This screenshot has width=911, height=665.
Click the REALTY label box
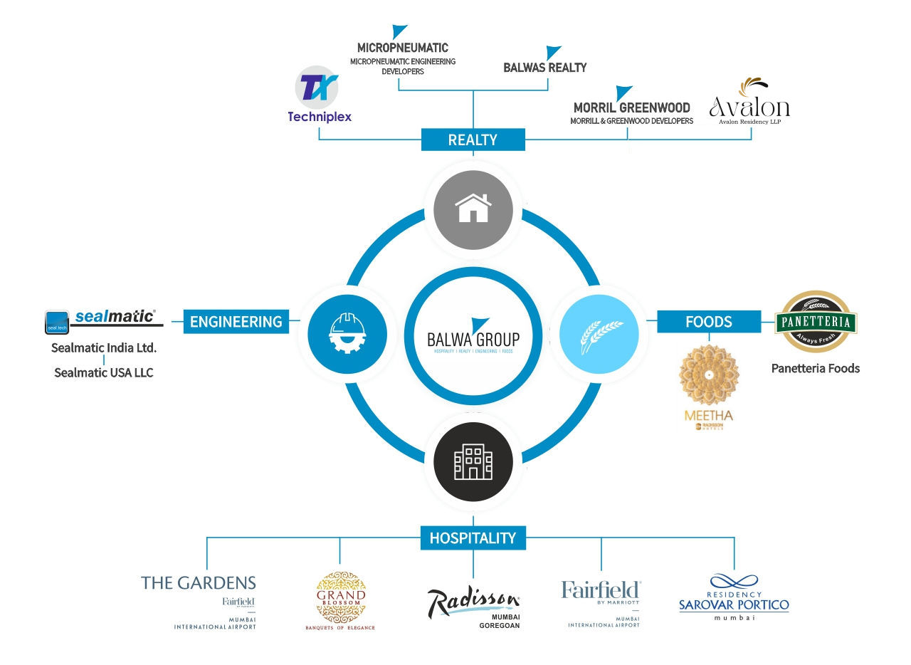[473, 140]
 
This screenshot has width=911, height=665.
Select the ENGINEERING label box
[236, 322]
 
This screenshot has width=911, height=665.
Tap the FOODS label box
[708, 322]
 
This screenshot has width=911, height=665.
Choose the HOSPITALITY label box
[473, 538]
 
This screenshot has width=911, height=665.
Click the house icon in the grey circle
[473, 209]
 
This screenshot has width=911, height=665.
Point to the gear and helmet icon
[347, 332]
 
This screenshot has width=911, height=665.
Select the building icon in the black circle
[473, 461]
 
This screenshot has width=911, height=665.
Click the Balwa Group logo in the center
[473, 335]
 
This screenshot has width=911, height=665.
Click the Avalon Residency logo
[749, 101]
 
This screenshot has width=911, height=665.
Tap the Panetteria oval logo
[815, 323]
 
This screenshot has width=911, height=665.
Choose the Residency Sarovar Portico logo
[734, 597]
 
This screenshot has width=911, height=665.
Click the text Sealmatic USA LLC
[104, 372]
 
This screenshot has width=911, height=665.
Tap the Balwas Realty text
[545, 68]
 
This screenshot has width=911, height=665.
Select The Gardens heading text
[199, 583]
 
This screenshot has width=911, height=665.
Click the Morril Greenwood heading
[631, 108]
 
